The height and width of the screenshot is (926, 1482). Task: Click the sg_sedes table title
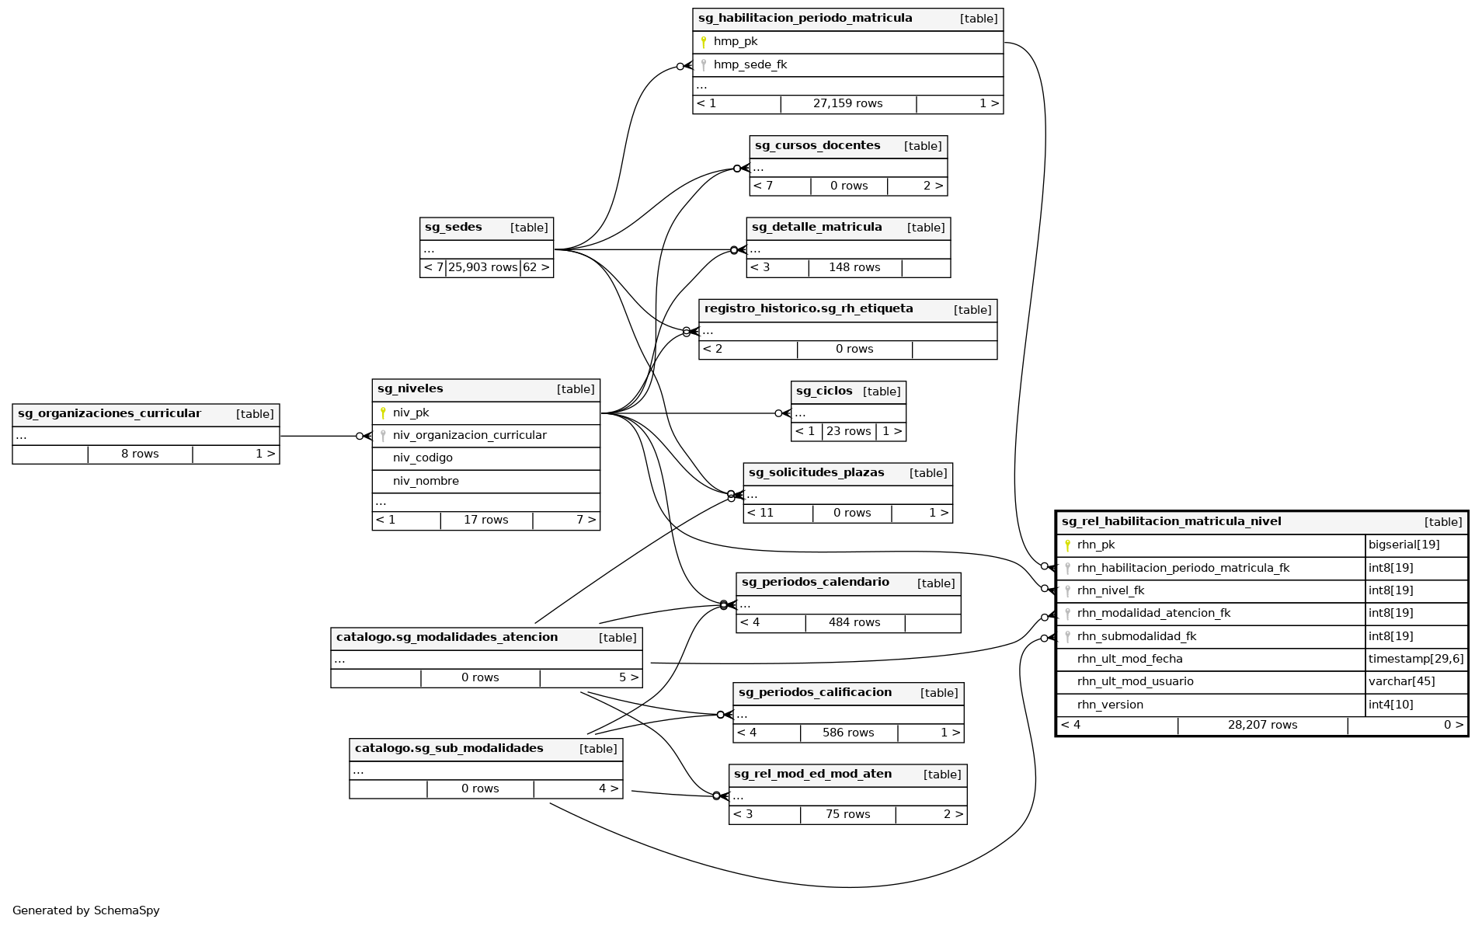click(454, 228)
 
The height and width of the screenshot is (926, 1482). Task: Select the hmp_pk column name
click(735, 42)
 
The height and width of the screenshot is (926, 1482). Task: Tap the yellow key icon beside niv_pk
click(383, 413)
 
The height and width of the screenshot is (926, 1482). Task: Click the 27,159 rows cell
click(847, 104)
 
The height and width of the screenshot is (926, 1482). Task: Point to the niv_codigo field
click(423, 458)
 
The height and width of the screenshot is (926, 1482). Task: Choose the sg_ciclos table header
click(824, 392)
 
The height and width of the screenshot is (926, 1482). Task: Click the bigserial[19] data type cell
click(1404, 545)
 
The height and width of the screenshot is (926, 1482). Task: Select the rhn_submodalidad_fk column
click(1136, 637)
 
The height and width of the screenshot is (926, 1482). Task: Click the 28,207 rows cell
click(1262, 726)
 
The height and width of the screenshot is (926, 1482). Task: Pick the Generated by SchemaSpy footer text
click(86, 910)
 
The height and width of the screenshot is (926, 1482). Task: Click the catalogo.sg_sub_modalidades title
click(449, 749)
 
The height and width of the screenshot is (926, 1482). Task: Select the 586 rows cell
click(848, 733)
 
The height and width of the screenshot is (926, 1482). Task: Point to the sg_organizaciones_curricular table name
click(110, 414)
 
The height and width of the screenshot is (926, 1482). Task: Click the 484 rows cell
click(854, 623)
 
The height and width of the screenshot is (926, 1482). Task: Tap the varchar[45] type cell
click(1401, 682)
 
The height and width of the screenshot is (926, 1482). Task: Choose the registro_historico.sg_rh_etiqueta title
click(809, 309)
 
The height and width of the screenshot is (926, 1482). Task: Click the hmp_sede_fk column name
click(750, 65)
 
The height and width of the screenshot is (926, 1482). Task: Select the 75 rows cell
click(847, 815)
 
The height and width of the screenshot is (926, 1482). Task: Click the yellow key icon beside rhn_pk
click(1067, 545)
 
